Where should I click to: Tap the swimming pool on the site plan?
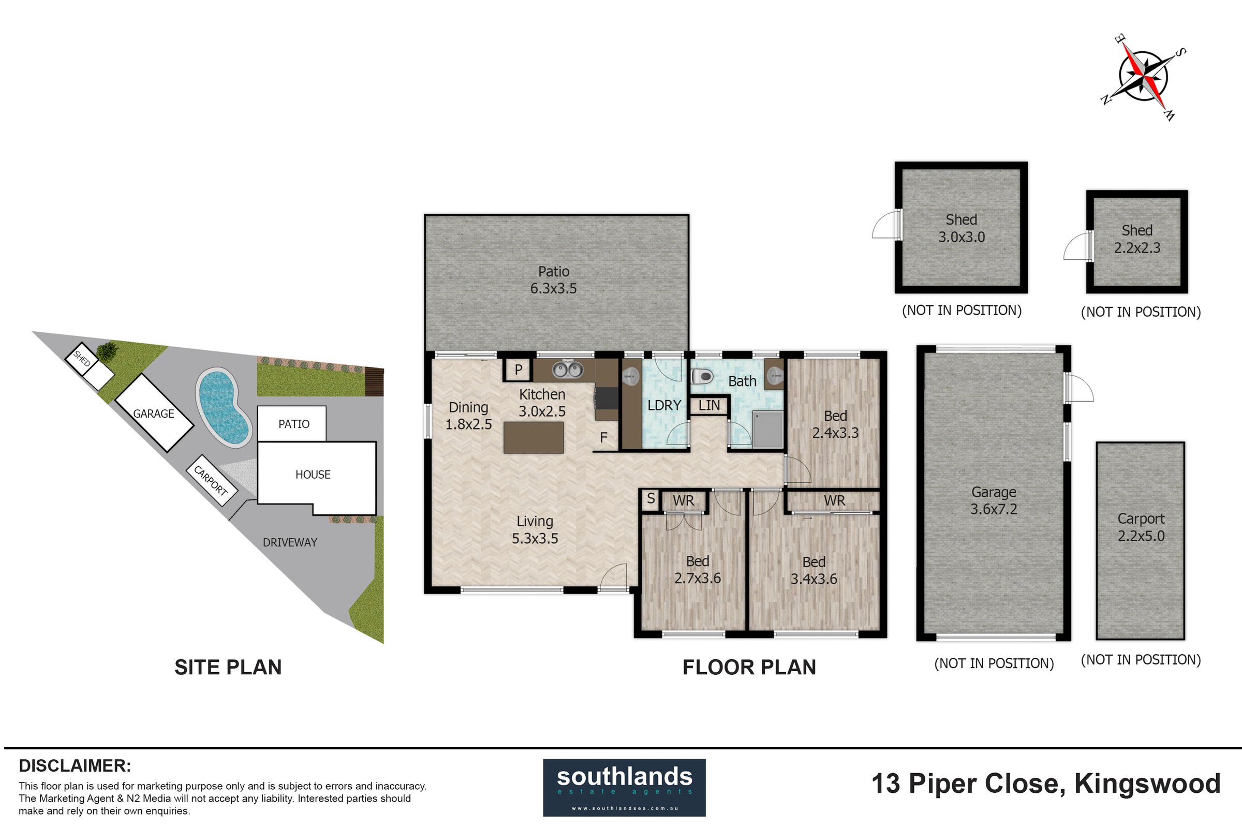224,407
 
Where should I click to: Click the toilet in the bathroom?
702,377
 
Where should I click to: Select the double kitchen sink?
568,369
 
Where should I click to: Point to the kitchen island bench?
534,438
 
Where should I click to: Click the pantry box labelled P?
518,369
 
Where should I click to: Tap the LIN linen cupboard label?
708,406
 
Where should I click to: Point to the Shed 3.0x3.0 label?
961,228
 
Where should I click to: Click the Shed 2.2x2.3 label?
1137,239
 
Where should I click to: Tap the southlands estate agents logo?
624,787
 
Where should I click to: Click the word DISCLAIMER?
75,766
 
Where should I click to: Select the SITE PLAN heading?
228,668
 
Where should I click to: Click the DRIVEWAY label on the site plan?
290,542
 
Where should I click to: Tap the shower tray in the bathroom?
767,430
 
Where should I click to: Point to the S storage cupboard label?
650,498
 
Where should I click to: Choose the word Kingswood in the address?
1147,785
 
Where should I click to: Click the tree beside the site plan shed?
107,350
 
